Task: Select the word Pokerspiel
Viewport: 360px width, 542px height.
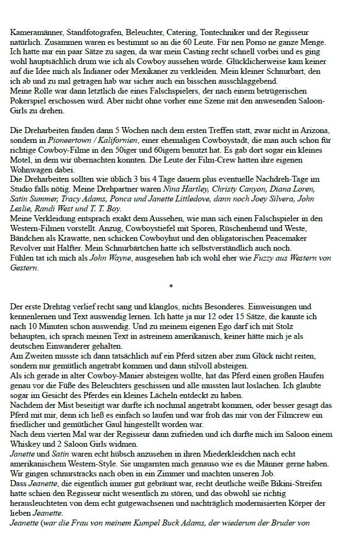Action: (x=28, y=102)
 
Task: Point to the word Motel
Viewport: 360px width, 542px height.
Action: (x=22, y=156)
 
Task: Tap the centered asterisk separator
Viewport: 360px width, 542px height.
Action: (x=171, y=286)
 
